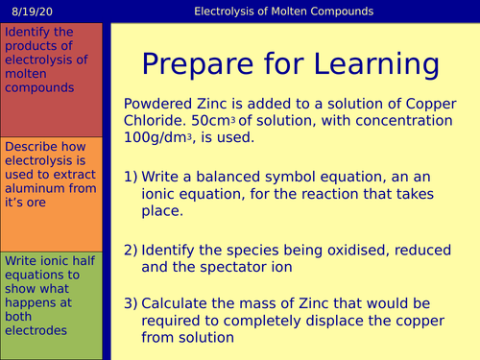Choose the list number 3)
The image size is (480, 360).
[134, 302]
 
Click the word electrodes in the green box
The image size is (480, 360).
[36, 330]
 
